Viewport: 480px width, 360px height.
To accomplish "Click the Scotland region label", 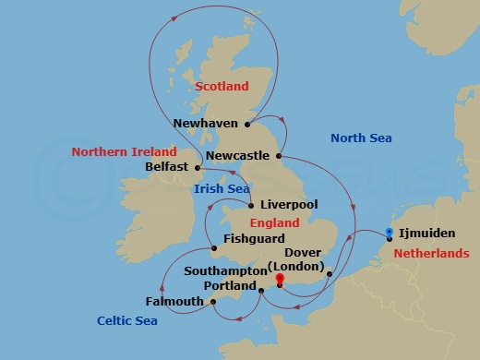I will [x=222, y=86].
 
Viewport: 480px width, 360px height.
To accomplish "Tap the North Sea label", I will [x=361, y=138].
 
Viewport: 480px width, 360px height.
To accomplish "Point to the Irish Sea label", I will [x=222, y=189].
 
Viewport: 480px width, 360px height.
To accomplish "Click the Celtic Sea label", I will [x=126, y=320].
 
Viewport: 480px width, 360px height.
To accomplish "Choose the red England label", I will [x=275, y=223].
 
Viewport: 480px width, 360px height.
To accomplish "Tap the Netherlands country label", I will [x=431, y=253].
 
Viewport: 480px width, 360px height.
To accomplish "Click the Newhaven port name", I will [x=208, y=123].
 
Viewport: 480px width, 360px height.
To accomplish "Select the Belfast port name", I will [x=166, y=167].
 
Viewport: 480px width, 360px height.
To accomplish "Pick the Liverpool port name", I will [x=289, y=205].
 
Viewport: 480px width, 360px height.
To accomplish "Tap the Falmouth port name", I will [x=174, y=302].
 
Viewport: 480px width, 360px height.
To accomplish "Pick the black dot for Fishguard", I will [x=213, y=246].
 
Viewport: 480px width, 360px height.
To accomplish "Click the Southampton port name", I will [x=225, y=271].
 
